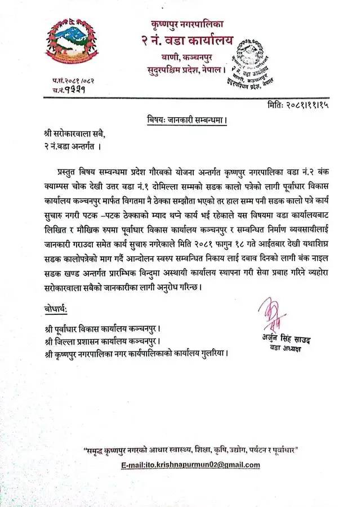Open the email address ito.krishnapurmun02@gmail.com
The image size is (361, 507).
pos(190,465)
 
